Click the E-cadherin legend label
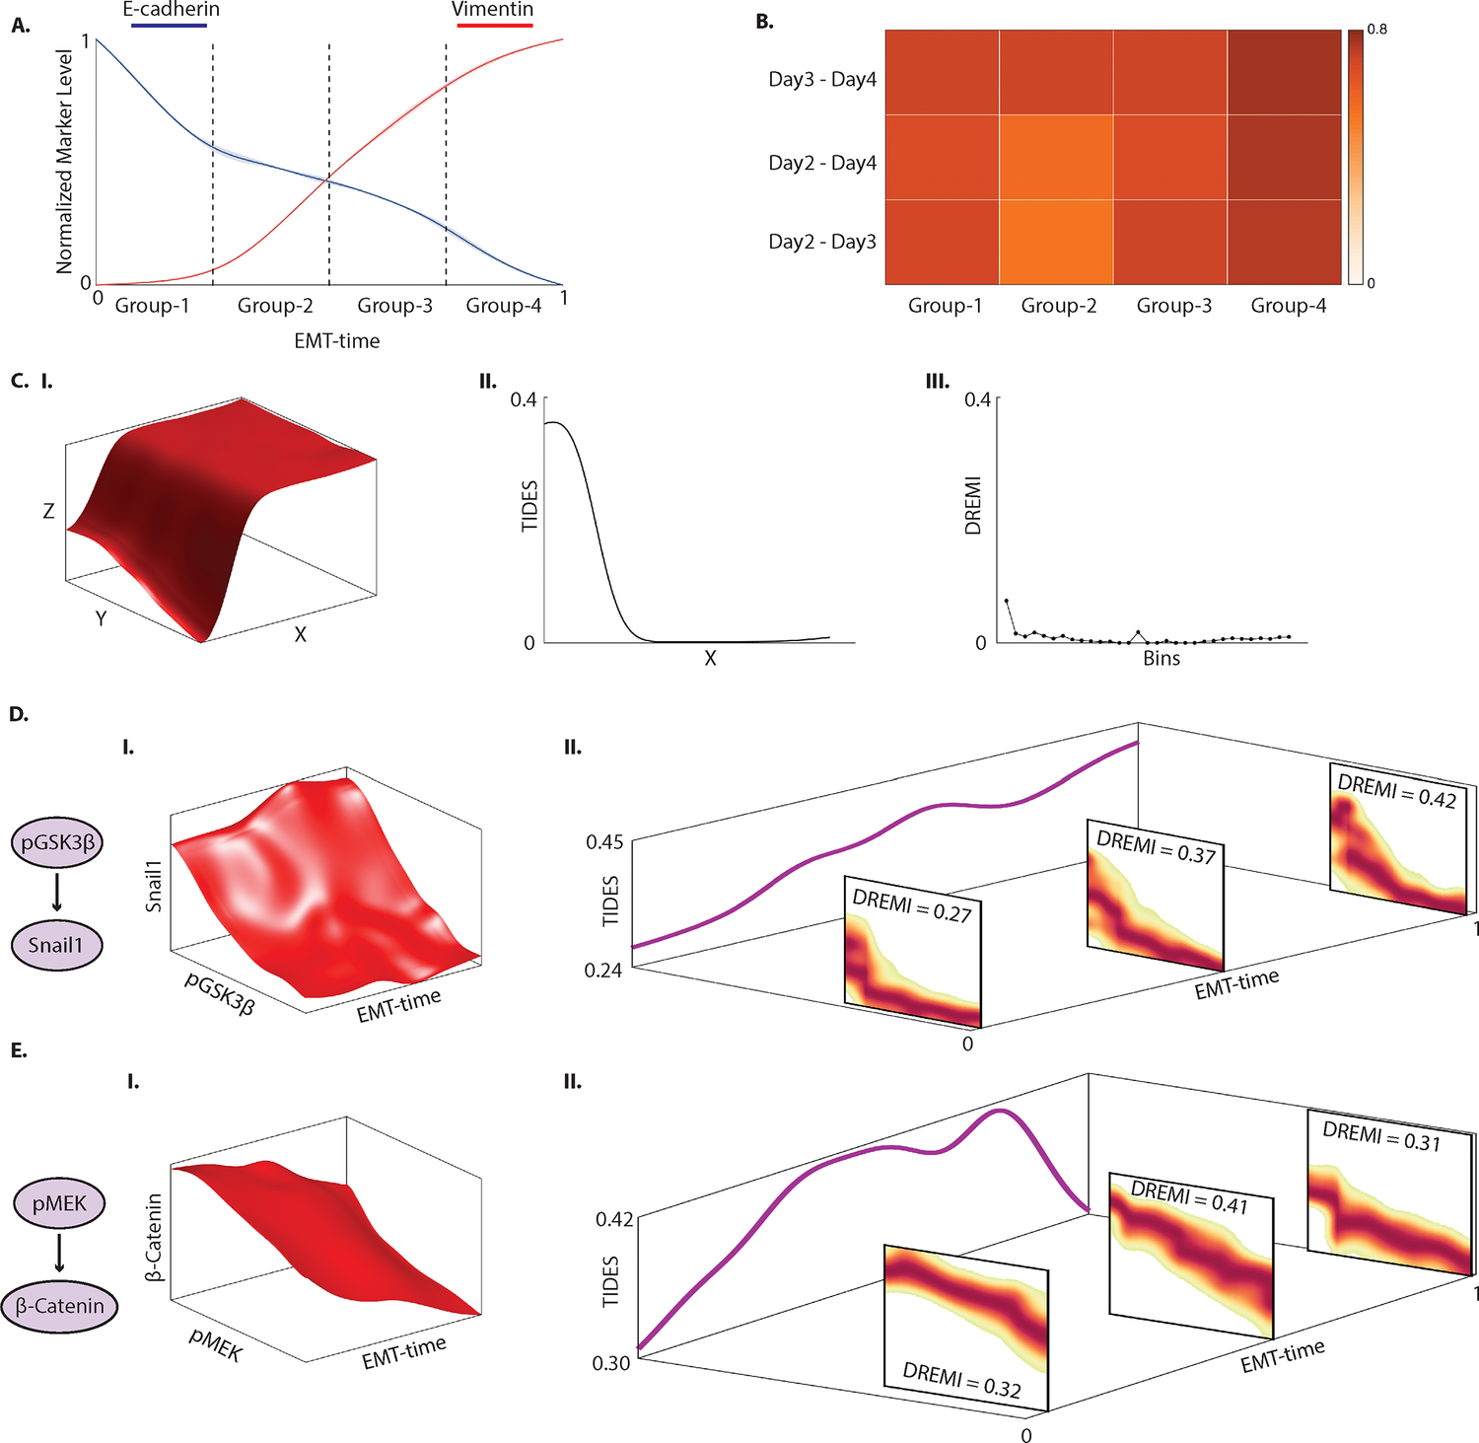click(171, 10)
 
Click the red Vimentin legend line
click(495, 25)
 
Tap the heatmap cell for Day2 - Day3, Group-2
click(1057, 243)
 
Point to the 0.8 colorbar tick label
click(1376, 29)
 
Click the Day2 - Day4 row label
click(822, 163)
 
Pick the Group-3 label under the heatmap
click(1173, 306)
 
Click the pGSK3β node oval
click(57, 843)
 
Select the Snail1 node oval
click(57, 945)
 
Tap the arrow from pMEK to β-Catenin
click(59, 1252)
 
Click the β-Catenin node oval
click(59, 1306)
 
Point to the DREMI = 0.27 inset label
click(912, 905)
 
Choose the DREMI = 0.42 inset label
click(1396, 791)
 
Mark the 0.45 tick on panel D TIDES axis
click(604, 842)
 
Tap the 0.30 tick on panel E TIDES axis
click(610, 1363)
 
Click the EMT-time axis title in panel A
click(336, 341)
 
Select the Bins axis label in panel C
click(1161, 659)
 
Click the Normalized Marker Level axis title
click(65, 162)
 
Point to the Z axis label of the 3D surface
click(48, 511)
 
